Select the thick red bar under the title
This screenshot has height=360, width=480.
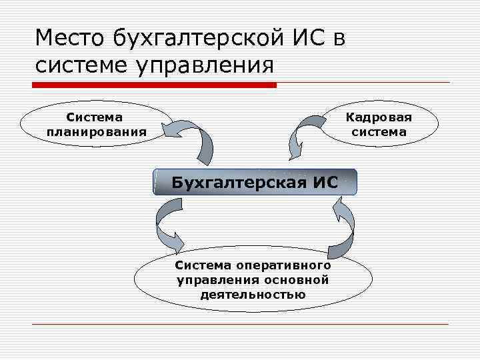coord(155,85)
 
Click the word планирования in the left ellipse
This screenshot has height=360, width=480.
coord(97,131)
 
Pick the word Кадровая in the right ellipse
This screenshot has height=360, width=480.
coord(379,117)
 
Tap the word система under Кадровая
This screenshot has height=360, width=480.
coord(379,131)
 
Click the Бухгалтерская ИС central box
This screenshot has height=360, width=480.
coord(255,181)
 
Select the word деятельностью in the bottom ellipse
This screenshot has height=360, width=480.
coord(253,294)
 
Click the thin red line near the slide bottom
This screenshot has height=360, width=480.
coord(240,324)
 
